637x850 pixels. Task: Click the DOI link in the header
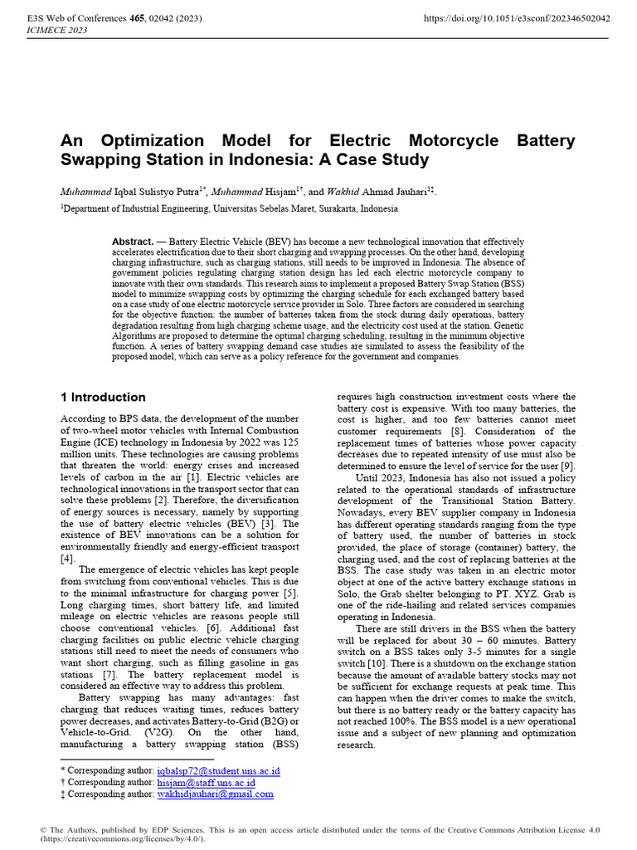(518, 17)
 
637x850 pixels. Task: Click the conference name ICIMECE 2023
(59, 30)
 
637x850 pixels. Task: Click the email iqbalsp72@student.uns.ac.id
(218, 771)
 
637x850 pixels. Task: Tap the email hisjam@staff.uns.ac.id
(206, 783)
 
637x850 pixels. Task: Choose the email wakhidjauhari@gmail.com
(215, 794)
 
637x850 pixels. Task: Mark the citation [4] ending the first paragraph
(67, 559)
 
